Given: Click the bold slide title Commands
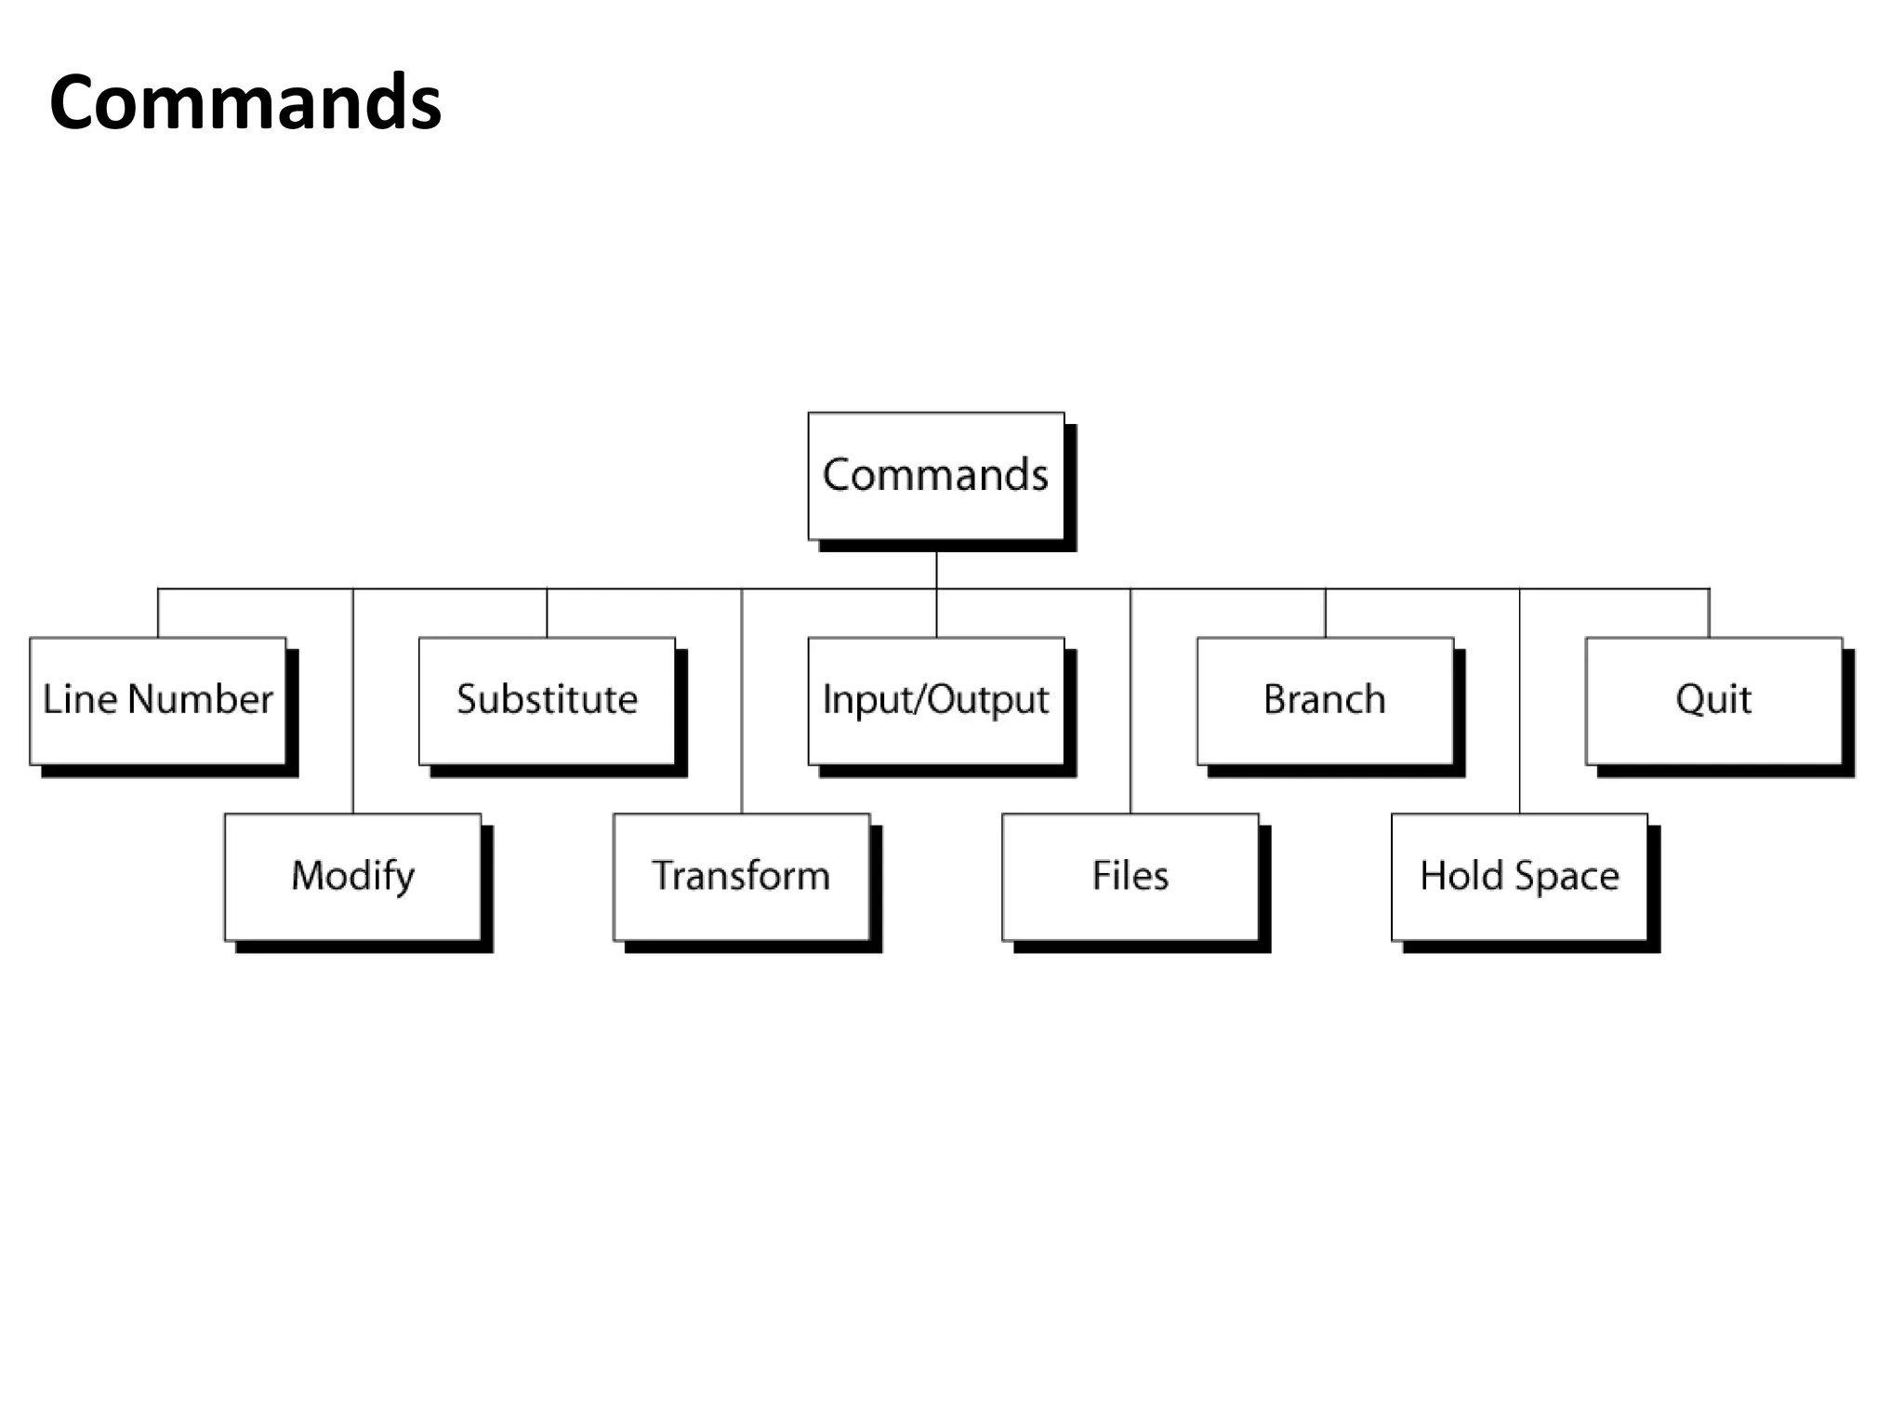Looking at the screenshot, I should pos(245,102).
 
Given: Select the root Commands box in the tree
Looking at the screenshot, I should pos(935,475).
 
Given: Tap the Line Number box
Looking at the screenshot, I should pos(158,700).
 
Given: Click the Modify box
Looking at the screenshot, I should pos(352,877).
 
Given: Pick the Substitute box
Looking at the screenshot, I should pos(547,700).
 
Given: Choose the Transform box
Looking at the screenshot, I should pos(741,877).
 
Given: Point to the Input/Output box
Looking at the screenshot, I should pos(935,700).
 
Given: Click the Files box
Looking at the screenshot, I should pos(1130,877).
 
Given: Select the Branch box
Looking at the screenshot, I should pos(1324,700).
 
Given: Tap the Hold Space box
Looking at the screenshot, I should pos(1519,877).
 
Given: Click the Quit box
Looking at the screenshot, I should pos(1712,700).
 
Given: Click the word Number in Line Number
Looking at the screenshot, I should pos(201,699).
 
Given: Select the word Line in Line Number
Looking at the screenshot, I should pos(80,699).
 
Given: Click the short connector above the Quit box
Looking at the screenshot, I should pos(1709,613).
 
